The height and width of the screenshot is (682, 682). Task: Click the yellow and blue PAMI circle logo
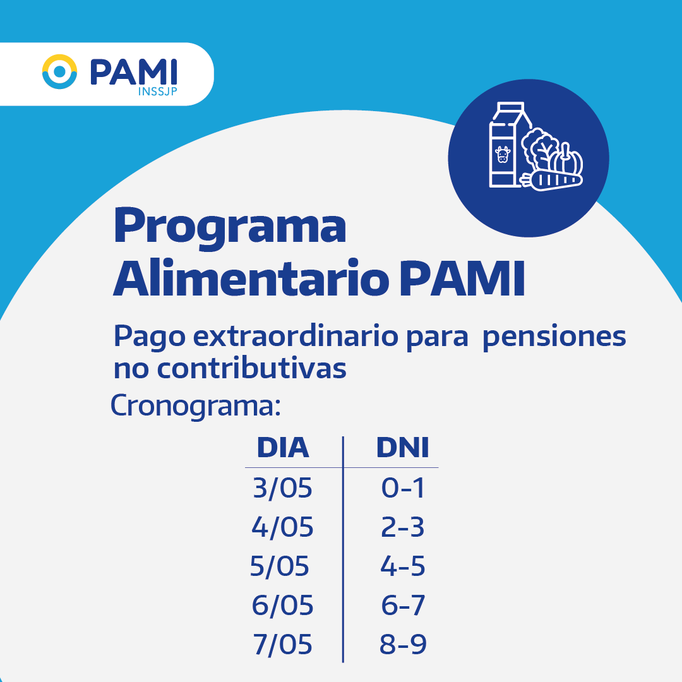pos(59,72)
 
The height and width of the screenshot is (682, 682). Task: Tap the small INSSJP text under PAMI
pos(157,92)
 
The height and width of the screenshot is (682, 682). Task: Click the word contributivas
pos(251,368)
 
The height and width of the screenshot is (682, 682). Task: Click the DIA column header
pos(283,448)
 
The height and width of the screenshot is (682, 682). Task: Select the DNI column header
pos(403,448)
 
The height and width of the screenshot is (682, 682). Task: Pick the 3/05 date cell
pos(283,488)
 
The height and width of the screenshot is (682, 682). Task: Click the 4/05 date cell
pos(283,527)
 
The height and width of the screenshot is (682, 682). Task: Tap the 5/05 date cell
pos(280,566)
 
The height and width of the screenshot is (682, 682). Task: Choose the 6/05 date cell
pos(283,605)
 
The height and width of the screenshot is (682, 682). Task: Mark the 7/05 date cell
pos(283,644)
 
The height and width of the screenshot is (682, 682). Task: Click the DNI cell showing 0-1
pos(403,488)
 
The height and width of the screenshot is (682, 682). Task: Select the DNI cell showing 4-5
pos(403,566)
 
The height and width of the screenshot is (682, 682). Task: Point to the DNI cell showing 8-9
pos(403,644)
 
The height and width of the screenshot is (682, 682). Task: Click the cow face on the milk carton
pos(503,155)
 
